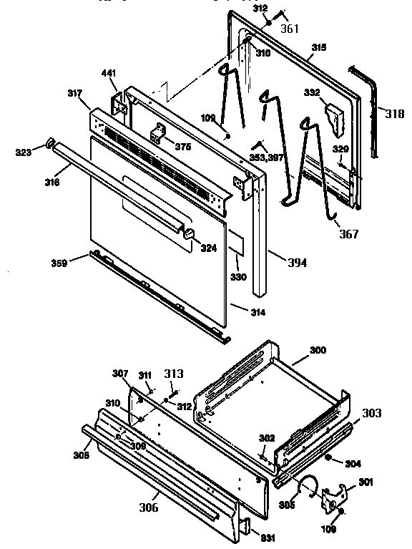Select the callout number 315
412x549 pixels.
pos(318,47)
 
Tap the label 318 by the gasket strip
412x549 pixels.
pos(394,114)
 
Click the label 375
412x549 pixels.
pos(183,147)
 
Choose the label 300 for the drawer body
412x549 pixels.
pos(317,350)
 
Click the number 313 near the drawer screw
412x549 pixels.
pos(174,374)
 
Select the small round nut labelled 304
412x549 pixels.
pos(328,457)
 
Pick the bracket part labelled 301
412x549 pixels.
pos(333,498)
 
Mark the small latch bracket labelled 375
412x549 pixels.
pos(160,134)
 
